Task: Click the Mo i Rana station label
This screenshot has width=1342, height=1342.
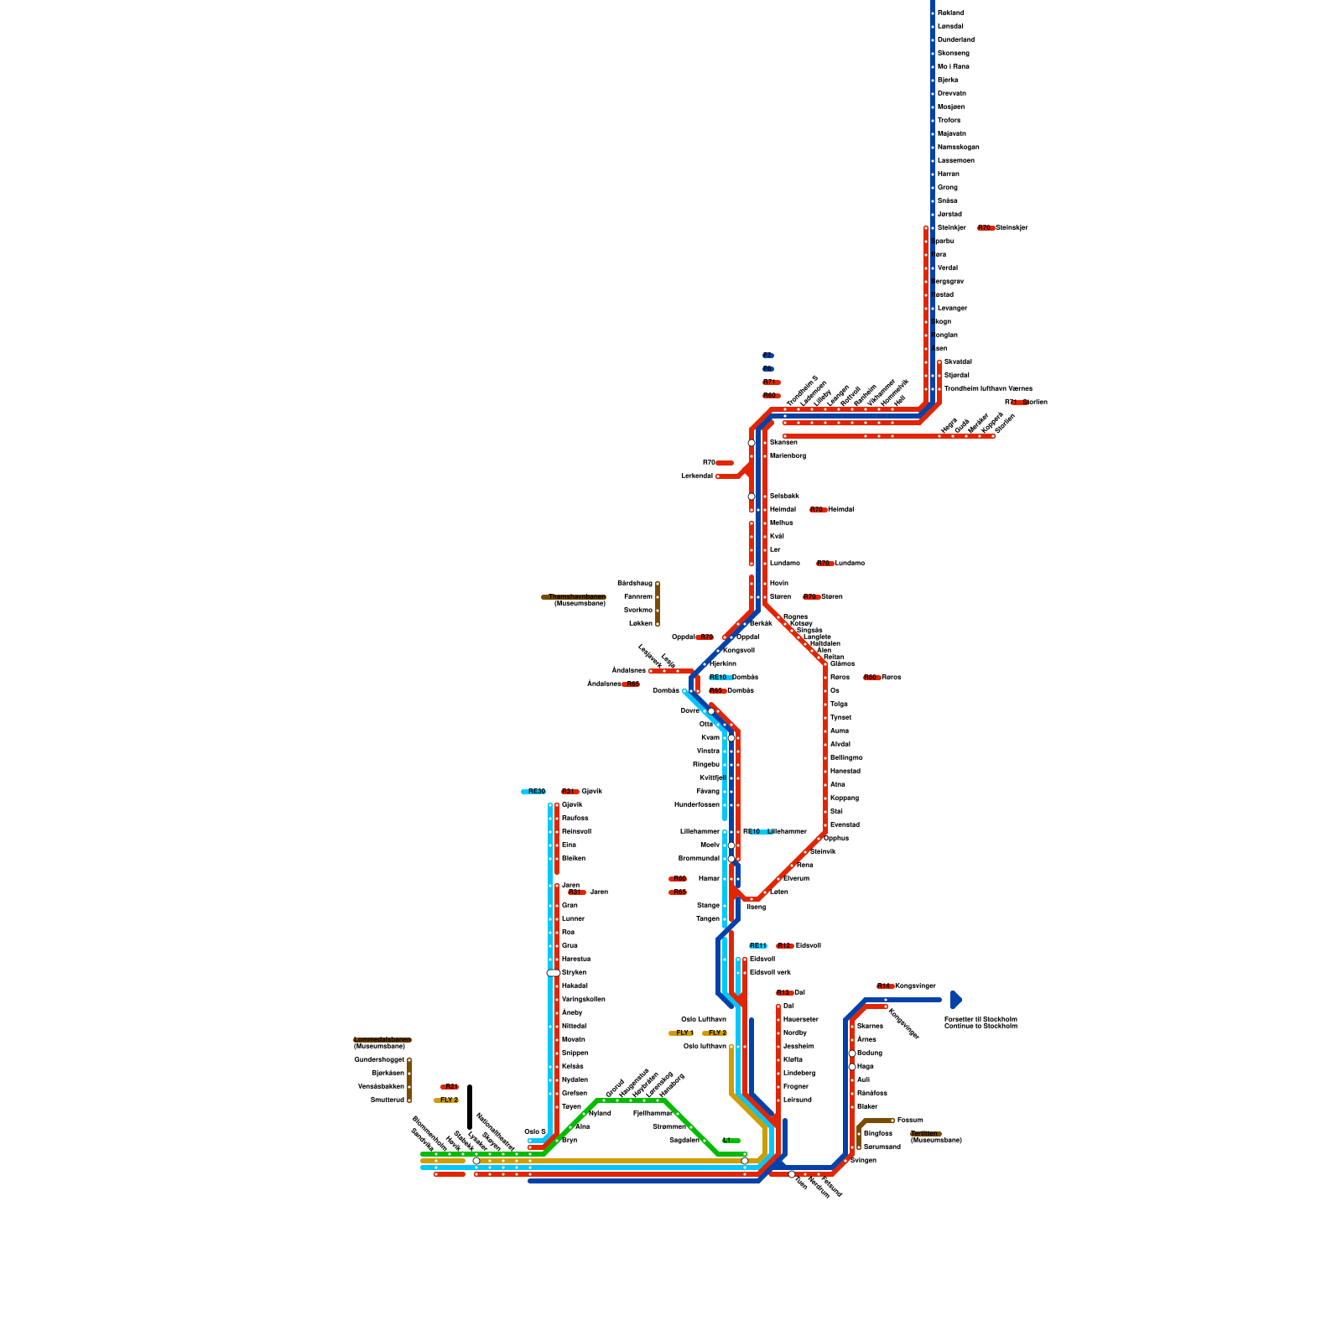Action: click(953, 66)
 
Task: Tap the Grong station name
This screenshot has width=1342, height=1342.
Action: click(947, 187)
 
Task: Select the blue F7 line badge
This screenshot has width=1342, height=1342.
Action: click(768, 356)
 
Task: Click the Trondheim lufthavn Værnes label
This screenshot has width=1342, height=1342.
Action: click(988, 388)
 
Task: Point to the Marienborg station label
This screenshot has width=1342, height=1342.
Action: click(788, 455)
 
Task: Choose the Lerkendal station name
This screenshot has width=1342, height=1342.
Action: click(697, 476)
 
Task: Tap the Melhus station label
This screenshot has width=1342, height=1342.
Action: click(781, 523)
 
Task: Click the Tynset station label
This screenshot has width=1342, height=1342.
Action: click(840, 717)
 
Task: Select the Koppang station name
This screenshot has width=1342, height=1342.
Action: click(845, 798)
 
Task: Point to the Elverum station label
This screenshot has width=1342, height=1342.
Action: click(796, 878)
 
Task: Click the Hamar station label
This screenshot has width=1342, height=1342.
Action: click(709, 878)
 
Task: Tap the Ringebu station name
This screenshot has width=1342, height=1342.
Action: click(706, 764)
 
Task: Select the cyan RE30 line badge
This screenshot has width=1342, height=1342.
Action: click(534, 791)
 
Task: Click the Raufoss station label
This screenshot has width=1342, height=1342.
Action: click(575, 818)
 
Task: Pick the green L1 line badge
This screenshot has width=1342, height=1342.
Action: click(731, 1140)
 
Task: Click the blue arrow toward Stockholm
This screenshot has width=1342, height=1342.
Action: click(955, 999)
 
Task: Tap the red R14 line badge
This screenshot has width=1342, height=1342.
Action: click(885, 986)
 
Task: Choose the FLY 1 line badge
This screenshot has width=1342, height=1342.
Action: click(683, 1033)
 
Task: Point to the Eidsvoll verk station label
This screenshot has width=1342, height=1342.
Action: click(770, 972)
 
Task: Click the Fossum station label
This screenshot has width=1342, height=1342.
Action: click(910, 1120)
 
